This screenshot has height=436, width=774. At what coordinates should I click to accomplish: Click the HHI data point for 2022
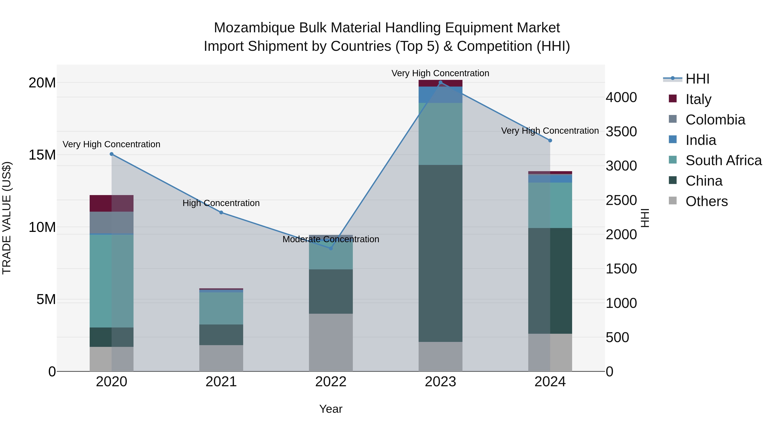tap(331, 248)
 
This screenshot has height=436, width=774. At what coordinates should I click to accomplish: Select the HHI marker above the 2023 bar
tap(441, 82)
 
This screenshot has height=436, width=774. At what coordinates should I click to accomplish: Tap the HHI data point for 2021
tap(221, 213)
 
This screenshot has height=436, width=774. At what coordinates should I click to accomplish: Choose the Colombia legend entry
tap(715, 119)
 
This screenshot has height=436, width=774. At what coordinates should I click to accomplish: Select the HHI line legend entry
tap(697, 79)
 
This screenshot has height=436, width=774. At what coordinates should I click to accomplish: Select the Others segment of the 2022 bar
tap(331, 342)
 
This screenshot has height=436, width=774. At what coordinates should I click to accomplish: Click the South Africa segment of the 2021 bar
tap(221, 308)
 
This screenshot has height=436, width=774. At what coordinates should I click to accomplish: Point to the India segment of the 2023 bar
tap(441, 95)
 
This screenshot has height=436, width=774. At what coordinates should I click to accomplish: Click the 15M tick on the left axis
tap(42, 155)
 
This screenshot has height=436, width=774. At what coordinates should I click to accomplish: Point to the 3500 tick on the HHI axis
tap(621, 132)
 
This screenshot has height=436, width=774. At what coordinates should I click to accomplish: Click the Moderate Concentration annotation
tap(331, 239)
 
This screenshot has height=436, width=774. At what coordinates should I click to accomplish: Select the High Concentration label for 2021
tap(221, 203)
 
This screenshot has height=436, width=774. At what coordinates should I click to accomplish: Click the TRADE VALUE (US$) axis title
tap(7, 218)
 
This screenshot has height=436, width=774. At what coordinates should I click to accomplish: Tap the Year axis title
tap(331, 409)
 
